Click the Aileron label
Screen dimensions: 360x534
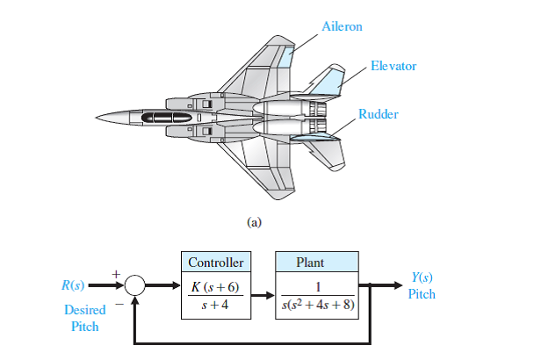pos(342,27)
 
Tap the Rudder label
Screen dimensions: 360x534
pos(378,114)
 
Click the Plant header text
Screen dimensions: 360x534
pos(310,262)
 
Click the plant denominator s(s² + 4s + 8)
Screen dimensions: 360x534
pos(317,306)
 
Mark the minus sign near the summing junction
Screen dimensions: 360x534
pos(117,306)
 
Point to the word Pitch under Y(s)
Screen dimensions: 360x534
pos(422,294)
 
